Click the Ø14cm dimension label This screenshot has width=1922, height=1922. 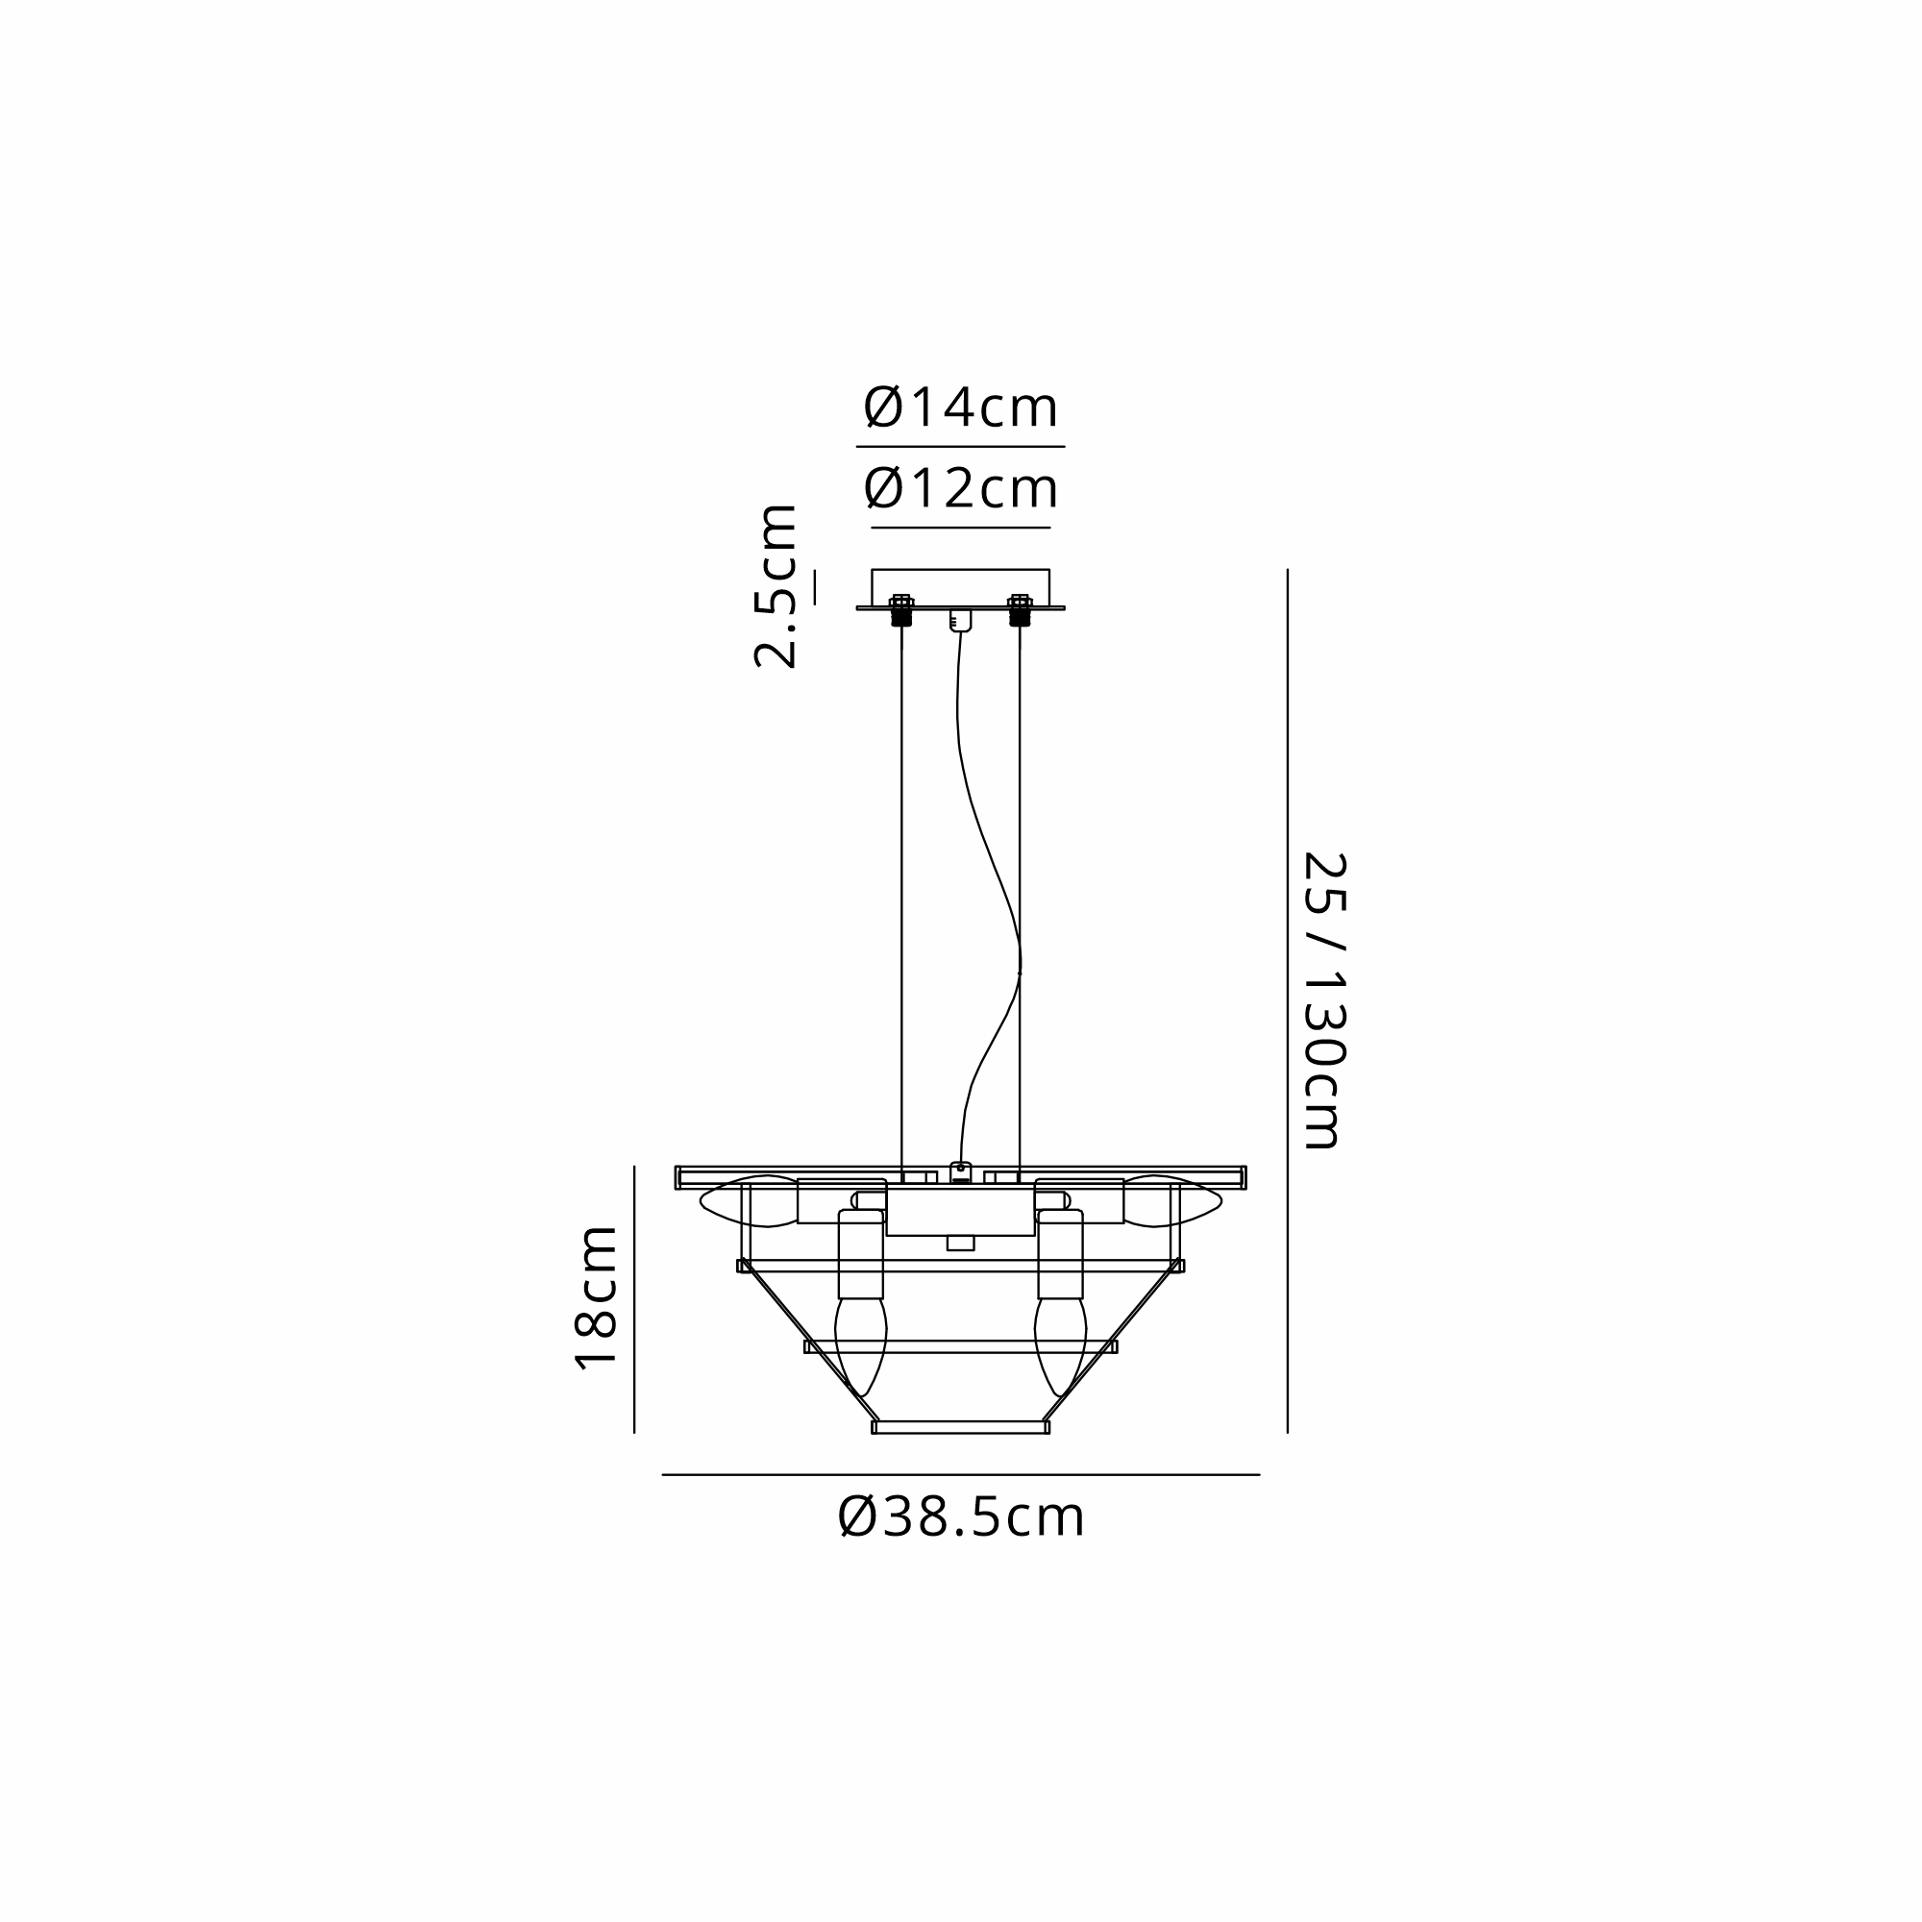[x=960, y=407]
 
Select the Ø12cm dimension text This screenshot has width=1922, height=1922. [x=960, y=488]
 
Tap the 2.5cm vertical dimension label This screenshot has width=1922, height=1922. [x=776, y=586]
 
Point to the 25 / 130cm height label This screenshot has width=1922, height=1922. [x=1324, y=999]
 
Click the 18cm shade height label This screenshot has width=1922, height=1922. [x=597, y=1298]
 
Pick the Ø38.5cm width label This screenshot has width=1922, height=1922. [x=961, y=1517]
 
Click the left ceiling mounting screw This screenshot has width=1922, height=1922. [x=901, y=610]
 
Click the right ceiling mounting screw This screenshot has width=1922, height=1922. [x=1020, y=610]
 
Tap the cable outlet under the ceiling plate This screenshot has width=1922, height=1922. [x=960, y=621]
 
